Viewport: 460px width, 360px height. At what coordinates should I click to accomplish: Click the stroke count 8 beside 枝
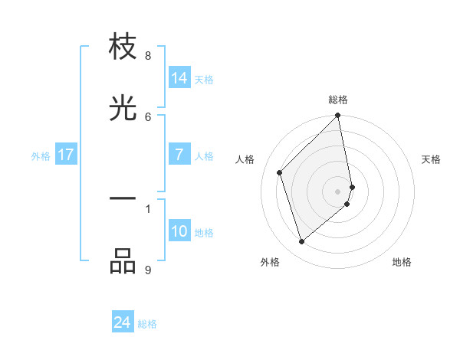point(148,56)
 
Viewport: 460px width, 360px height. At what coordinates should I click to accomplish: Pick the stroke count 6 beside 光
point(148,116)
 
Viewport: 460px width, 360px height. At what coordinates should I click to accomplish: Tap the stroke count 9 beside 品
point(148,270)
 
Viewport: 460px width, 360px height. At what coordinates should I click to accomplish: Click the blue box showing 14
point(179,78)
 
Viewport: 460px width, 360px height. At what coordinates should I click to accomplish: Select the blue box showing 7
point(179,155)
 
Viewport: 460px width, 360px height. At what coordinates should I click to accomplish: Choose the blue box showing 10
point(179,231)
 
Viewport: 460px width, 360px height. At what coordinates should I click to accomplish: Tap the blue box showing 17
point(66,155)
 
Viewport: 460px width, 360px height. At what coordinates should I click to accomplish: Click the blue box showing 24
point(123,323)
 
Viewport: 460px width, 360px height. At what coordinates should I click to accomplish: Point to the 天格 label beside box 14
point(204,80)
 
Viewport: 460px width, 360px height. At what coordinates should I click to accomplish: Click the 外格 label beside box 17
point(41,156)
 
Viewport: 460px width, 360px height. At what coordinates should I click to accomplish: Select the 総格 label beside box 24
point(147,325)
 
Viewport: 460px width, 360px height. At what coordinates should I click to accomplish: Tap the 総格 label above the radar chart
point(338,100)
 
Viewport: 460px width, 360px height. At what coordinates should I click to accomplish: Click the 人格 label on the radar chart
point(245,159)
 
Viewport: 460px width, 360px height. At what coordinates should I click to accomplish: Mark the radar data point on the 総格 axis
point(338,116)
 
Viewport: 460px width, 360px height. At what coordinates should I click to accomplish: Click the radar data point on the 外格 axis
point(301,242)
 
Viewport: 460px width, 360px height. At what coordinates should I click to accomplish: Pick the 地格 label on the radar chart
point(402,262)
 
